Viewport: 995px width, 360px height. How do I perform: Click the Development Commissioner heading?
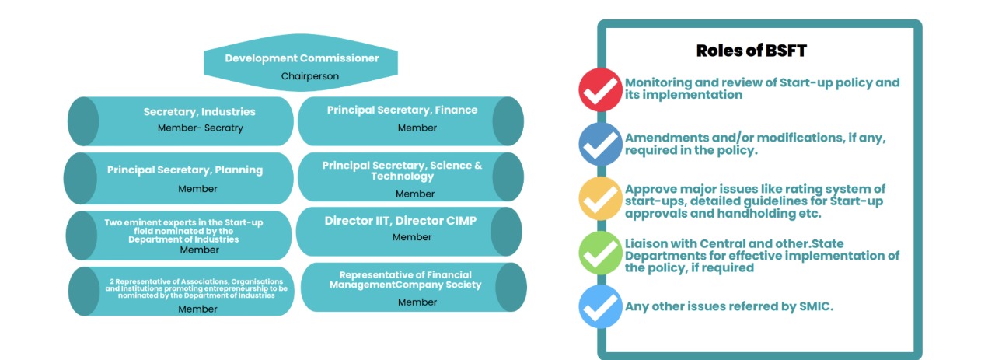pyautogui.click(x=302, y=58)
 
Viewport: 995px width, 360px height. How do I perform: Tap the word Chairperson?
pyautogui.click(x=309, y=76)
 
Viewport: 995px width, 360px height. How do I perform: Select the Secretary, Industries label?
pyautogui.click(x=199, y=112)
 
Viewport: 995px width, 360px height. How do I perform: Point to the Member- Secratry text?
pyautogui.click(x=200, y=128)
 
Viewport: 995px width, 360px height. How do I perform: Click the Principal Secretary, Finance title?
pyautogui.click(x=402, y=110)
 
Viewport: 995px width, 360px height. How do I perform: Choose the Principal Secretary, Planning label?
pyautogui.click(x=185, y=170)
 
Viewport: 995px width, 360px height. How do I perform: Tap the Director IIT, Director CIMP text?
pyautogui.click(x=400, y=221)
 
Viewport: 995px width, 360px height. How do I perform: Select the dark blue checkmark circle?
pyautogui.click(x=600, y=144)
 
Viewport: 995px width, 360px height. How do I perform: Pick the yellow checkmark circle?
pyautogui.click(x=600, y=199)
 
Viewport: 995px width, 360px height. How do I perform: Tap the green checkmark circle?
pyautogui.click(x=600, y=253)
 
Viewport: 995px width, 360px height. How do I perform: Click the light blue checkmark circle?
pyautogui.click(x=600, y=307)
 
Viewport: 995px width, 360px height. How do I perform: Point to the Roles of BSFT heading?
pyautogui.click(x=752, y=51)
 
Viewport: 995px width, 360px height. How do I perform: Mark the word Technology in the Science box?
pyautogui.click(x=402, y=177)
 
